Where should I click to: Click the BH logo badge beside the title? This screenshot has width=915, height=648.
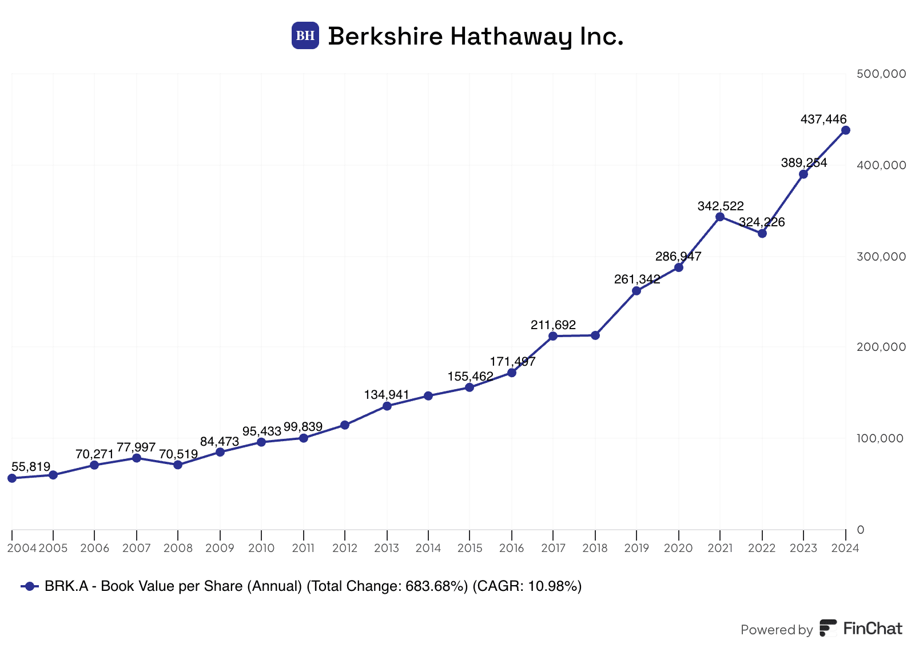(x=305, y=35)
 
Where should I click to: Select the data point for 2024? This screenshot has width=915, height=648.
(x=845, y=130)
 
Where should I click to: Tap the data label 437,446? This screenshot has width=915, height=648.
(x=823, y=119)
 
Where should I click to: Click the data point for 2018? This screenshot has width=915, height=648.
(x=595, y=335)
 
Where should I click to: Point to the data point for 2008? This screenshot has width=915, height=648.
(x=178, y=465)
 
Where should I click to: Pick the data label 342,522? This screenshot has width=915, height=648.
(x=720, y=206)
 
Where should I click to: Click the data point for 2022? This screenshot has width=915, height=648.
(x=762, y=233)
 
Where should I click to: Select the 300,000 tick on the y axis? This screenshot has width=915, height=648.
(x=881, y=257)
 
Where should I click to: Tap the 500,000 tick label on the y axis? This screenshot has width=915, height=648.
(x=881, y=74)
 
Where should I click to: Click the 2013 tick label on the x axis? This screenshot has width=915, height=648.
(x=387, y=549)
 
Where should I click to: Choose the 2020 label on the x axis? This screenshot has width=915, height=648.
(x=678, y=549)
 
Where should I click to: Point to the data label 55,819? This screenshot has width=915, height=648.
(x=31, y=467)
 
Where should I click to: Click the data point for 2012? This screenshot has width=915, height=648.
(x=345, y=425)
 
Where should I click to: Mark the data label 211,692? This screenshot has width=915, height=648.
(x=553, y=325)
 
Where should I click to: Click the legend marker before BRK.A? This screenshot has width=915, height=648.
(x=30, y=586)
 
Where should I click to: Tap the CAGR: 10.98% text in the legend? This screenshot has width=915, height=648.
(x=527, y=586)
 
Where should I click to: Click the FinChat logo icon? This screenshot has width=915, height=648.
(x=828, y=628)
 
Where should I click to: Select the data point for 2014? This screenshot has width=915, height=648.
(x=428, y=396)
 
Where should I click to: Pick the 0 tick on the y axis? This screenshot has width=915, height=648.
(x=861, y=530)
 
